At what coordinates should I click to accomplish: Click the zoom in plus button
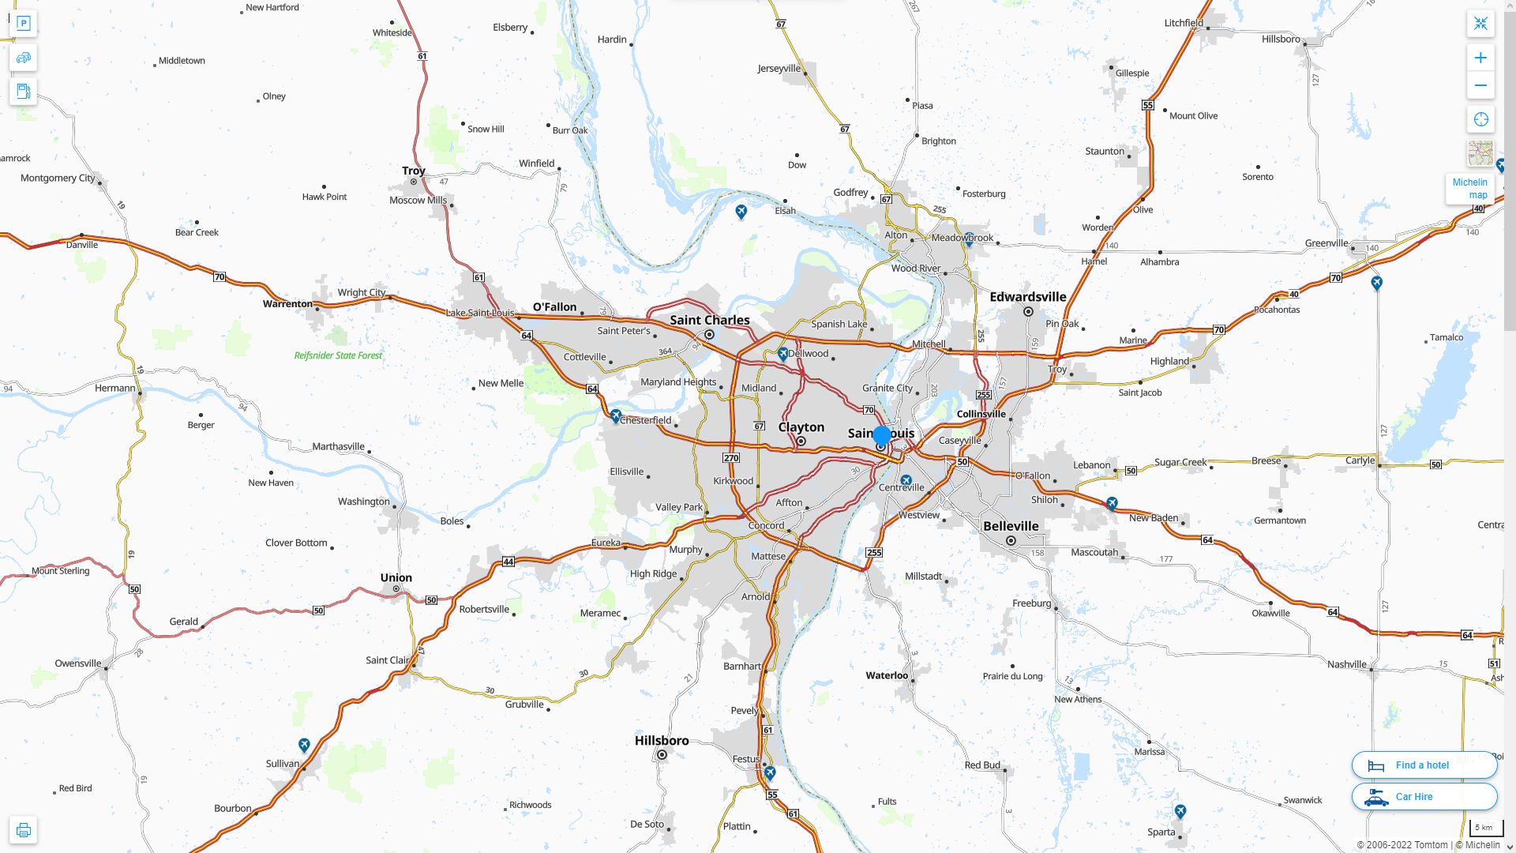[1480, 58]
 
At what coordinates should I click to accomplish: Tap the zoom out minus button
[1480, 85]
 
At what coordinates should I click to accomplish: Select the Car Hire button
[1424, 796]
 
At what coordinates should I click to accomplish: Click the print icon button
[23, 830]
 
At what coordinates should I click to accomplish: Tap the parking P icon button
[23, 24]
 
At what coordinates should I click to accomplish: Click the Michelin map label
[1469, 189]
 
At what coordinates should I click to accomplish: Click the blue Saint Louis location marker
[882, 435]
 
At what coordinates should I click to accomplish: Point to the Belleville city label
[1011, 526]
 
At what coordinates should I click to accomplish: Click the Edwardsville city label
[1027, 297]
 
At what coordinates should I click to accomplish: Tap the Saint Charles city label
[710, 320]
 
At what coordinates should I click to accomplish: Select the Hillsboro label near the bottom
[662, 741]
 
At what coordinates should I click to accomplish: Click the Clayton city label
[801, 427]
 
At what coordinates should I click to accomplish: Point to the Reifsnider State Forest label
[338, 355]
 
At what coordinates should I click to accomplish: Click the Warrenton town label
[287, 304]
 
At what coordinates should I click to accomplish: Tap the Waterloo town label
[887, 675]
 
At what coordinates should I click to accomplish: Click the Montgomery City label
[58, 178]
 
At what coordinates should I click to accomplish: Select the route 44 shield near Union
[508, 562]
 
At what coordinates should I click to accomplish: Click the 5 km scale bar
[1484, 828]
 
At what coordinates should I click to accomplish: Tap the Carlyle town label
[1360, 460]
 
